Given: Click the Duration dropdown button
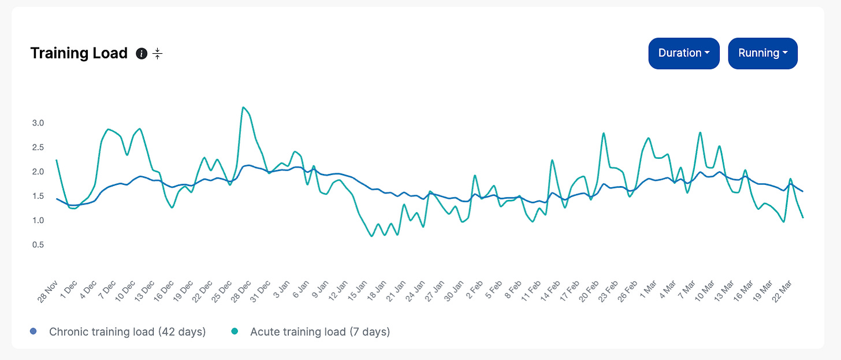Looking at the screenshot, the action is tap(684, 53).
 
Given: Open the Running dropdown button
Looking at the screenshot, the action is tap(762, 53).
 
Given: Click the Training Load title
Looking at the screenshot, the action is tap(79, 53).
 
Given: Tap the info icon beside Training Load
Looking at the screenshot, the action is tap(142, 54).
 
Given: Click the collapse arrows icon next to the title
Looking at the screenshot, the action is tap(157, 54).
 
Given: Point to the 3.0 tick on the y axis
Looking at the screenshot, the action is tap(38, 123).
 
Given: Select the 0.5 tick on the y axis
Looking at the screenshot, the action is tap(38, 244).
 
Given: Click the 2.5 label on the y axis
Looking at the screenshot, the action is tap(38, 147).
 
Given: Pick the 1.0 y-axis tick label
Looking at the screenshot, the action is tap(38, 220).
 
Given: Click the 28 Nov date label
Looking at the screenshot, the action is tap(48, 291).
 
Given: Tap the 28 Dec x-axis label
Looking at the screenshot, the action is tap(241, 291).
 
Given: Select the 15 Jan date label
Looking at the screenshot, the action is tap(357, 291).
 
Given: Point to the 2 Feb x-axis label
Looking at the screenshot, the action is tap(474, 290).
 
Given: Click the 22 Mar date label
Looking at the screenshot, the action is tap(782, 291).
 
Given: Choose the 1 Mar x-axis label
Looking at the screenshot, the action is tap(648, 290).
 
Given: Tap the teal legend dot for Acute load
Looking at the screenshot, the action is tap(235, 332).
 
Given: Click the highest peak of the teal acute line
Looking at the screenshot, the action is tap(243, 107).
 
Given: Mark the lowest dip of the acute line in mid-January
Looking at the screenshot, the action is tap(372, 236).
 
